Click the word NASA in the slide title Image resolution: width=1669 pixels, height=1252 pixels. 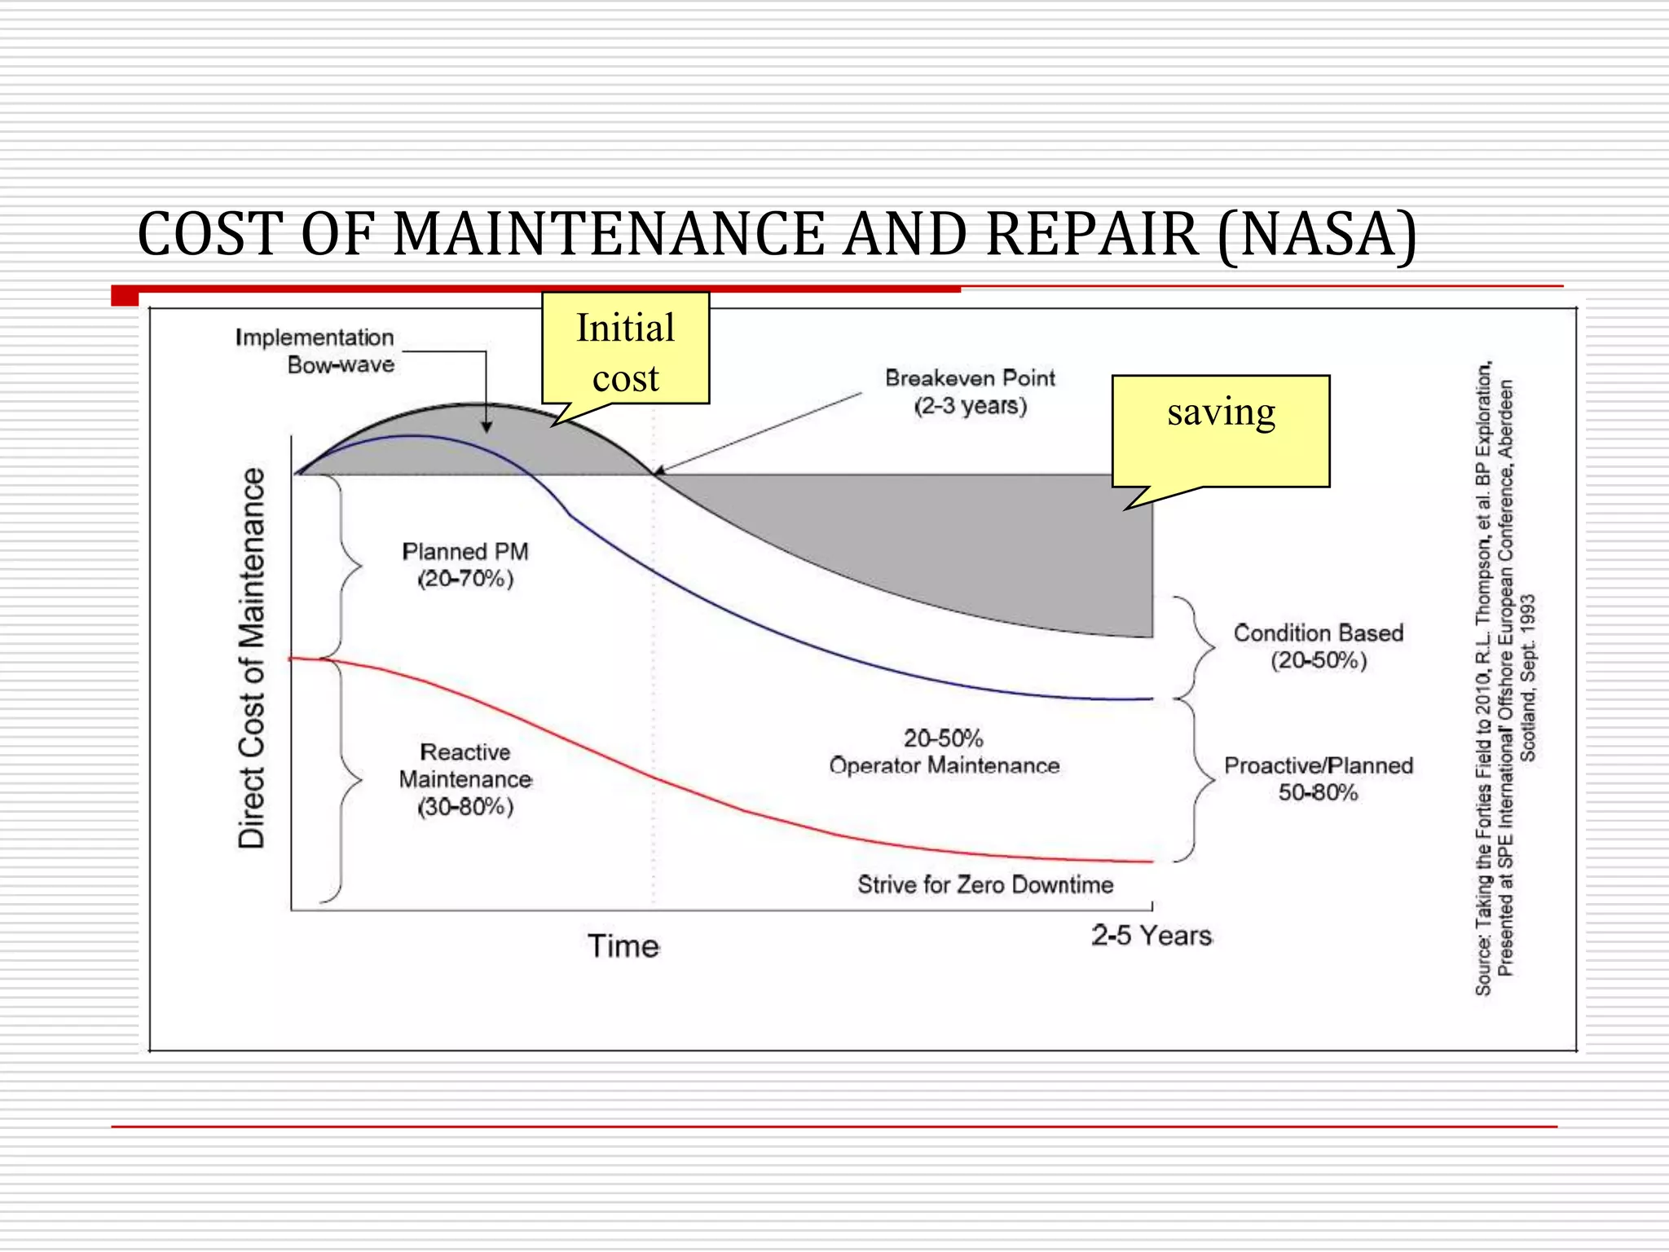click(x=1318, y=235)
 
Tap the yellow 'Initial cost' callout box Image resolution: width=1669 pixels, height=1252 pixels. click(x=625, y=350)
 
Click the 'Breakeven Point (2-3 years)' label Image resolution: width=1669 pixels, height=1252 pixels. click(x=970, y=392)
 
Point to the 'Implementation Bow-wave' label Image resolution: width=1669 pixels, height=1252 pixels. click(x=315, y=350)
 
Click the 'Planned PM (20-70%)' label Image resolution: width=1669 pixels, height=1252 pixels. click(x=465, y=565)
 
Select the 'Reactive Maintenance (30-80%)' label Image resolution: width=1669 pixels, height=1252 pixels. click(x=465, y=779)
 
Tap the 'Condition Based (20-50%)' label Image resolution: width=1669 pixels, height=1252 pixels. click(x=1318, y=646)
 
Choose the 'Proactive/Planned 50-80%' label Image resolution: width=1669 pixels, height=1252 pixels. click(x=1318, y=779)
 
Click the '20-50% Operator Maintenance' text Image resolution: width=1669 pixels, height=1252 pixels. click(x=944, y=752)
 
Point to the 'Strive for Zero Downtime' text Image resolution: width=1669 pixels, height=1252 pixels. click(x=984, y=885)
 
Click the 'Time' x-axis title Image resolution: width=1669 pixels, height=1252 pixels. click(x=623, y=946)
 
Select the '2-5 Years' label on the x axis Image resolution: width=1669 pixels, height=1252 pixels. click(x=1152, y=936)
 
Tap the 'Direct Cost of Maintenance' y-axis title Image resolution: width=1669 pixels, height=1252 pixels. click(x=252, y=659)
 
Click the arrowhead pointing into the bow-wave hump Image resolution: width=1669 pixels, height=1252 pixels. click(x=487, y=426)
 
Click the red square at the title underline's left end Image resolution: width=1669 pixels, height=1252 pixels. click(x=125, y=296)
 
